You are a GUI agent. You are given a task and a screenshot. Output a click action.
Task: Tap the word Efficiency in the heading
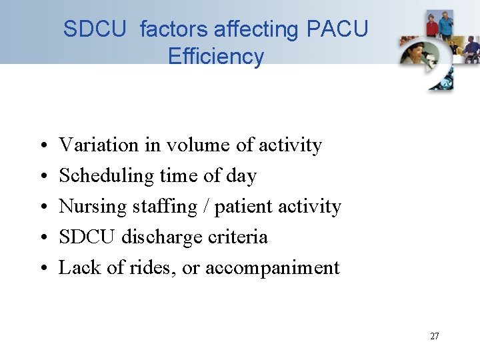[216, 57]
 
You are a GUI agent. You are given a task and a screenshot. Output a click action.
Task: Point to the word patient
[249, 207]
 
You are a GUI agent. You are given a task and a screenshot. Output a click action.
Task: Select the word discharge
[167, 237]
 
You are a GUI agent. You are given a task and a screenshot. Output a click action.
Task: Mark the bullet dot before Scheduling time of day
[41, 176]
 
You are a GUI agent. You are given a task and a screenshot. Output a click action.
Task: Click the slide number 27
[434, 336]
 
